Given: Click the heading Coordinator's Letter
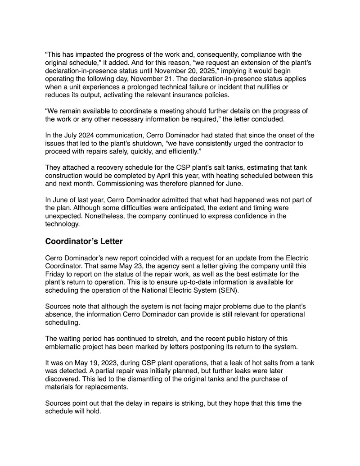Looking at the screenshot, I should click(x=84, y=241).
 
